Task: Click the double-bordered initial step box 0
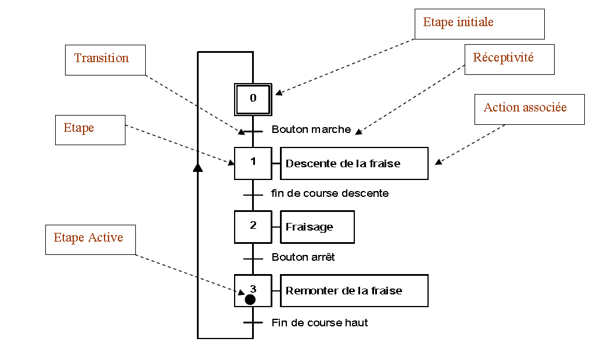(253, 99)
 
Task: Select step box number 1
(253, 163)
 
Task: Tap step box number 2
(253, 226)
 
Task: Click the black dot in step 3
(250, 300)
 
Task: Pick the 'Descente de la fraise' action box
(354, 163)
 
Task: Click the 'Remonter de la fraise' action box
(354, 290)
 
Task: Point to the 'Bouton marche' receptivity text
(311, 129)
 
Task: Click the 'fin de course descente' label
(330, 193)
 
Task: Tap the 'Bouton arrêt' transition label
(303, 257)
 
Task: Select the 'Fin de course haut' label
(319, 323)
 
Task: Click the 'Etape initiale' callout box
(480, 24)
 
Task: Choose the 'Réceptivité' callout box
(509, 59)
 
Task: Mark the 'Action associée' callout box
(529, 109)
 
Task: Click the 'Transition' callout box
(105, 60)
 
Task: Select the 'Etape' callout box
(90, 129)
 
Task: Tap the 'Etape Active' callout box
(91, 239)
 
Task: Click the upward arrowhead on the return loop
(197, 167)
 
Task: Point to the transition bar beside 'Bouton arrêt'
(253, 259)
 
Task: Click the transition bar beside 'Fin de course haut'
(253, 323)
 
